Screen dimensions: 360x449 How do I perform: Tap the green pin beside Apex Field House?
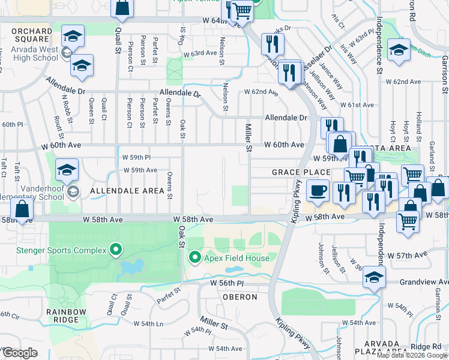click(x=194, y=259)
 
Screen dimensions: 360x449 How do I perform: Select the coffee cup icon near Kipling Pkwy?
click(x=318, y=191)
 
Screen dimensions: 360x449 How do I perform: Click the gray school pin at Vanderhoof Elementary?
click(x=73, y=192)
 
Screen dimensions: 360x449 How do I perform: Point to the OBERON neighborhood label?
click(x=241, y=297)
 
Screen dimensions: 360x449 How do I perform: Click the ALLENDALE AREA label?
click(x=127, y=191)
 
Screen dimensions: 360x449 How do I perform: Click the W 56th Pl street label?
click(x=228, y=282)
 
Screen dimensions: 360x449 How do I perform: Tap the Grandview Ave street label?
click(x=426, y=281)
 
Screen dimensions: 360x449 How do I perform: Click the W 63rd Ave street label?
click(x=200, y=53)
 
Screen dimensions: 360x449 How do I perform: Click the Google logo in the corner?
click(x=20, y=353)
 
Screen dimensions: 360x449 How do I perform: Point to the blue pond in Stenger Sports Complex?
click(x=131, y=266)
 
